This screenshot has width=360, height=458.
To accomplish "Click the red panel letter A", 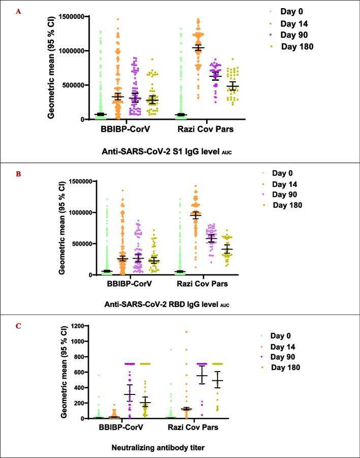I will click(x=19, y=11).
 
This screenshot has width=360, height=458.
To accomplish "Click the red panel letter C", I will click(x=19, y=325).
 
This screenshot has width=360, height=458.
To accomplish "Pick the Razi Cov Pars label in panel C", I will click(x=193, y=428).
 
